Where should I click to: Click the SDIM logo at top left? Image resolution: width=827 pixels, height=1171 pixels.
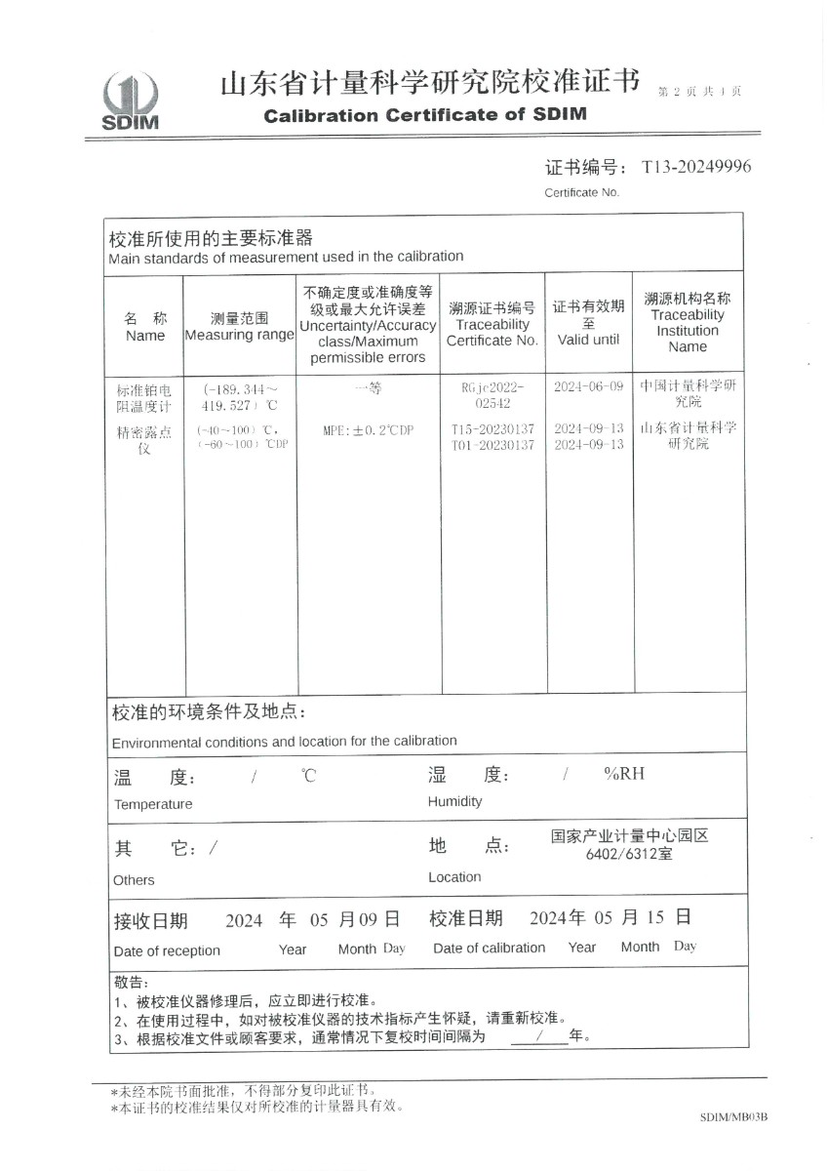point(130,101)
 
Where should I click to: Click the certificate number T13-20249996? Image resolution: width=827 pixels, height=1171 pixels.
point(695,167)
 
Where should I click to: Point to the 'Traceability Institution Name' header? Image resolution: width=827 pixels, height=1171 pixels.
point(688,322)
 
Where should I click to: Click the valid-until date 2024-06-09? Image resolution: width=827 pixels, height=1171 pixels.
point(588,386)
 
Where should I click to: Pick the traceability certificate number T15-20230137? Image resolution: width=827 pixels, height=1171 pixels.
point(492,429)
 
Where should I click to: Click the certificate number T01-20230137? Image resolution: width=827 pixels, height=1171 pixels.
point(492,445)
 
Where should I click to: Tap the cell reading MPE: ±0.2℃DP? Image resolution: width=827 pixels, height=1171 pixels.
point(368,430)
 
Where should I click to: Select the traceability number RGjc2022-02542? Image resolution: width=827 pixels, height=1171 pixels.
point(492,394)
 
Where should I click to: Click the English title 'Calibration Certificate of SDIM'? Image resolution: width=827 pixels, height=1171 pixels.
point(425,114)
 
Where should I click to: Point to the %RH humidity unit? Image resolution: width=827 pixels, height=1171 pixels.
point(624,775)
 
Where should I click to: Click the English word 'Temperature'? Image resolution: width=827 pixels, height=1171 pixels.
point(153,804)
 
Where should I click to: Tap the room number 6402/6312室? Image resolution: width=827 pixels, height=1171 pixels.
point(628,854)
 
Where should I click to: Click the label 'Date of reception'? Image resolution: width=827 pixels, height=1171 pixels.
point(167,950)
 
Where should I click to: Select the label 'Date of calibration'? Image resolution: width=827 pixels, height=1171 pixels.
point(489,948)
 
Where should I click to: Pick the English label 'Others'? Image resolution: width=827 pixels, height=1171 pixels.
point(134,879)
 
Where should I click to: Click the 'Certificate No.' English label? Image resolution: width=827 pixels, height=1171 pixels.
point(581,192)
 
